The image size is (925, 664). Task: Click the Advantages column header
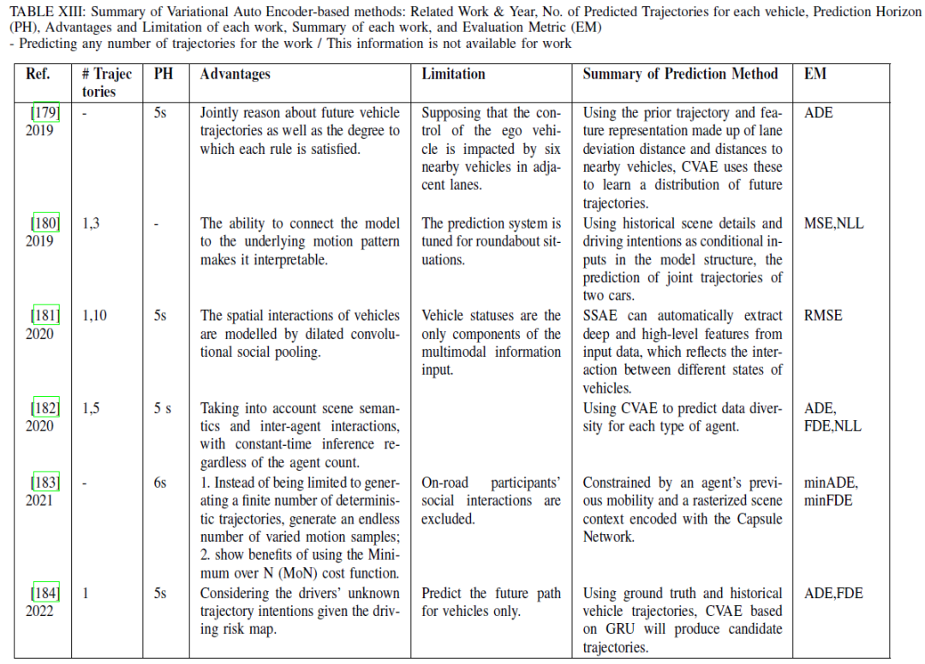coord(235,74)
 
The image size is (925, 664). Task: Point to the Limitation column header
coord(453,74)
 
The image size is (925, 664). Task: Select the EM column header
coord(815,74)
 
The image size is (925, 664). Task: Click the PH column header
coord(163,74)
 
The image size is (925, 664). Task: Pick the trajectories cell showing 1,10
coord(95,316)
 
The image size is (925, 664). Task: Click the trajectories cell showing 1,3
coord(91,223)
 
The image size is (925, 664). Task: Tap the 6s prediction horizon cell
coord(160,483)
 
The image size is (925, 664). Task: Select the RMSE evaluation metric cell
coord(823,316)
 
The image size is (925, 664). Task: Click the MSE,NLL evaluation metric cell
coord(834,223)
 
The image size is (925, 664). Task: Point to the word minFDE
coord(828,501)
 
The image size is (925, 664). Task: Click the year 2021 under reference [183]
coord(39,501)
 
